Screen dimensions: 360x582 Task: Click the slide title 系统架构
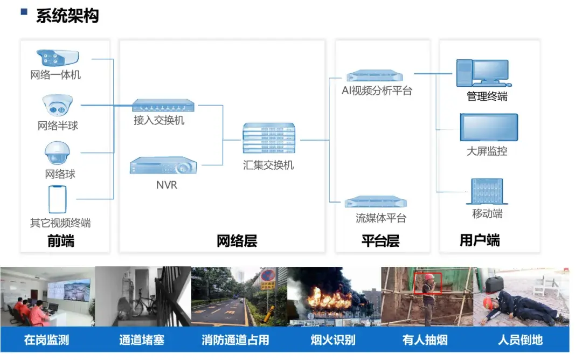(x=67, y=16)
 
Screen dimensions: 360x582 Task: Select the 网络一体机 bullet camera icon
(x=57, y=58)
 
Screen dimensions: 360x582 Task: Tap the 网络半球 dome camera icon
(x=56, y=106)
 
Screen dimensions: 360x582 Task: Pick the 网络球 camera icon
(x=57, y=153)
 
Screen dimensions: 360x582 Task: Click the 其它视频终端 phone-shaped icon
(x=58, y=199)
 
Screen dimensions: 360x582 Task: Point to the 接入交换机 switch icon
(x=163, y=105)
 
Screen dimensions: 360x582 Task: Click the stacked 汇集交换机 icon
(x=268, y=139)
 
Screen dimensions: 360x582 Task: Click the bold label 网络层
(x=237, y=241)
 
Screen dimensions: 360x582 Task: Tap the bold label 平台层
(x=380, y=241)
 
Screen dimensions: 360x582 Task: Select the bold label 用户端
(x=480, y=240)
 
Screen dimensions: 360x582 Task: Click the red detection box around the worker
(x=428, y=283)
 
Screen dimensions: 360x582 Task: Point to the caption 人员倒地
(x=520, y=340)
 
